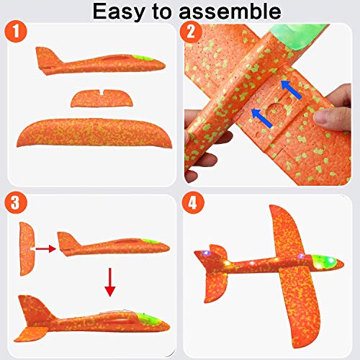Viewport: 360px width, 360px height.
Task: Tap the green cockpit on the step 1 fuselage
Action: (x=144, y=58)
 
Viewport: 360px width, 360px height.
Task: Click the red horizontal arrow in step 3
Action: (x=45, y=248)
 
